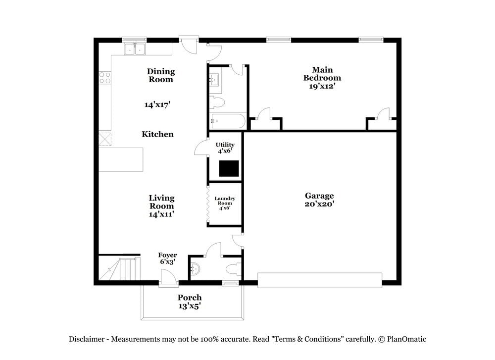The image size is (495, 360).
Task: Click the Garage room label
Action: (x=319, y=196)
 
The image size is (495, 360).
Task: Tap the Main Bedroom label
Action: (x=322, y=74)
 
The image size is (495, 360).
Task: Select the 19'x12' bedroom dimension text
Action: (x=322, y=86)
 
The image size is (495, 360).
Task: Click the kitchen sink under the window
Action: (x=134, y=49)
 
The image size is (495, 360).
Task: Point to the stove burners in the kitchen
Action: (x=105, y=78)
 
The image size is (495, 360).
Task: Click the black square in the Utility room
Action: (x=229, y=168)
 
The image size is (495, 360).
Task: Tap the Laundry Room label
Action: (x=225, y=201)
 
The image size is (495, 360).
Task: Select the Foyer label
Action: (x=167, y=256)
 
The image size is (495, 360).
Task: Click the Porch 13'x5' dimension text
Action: (x=190, y=306)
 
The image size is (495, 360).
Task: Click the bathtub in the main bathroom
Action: (x=227, y=121)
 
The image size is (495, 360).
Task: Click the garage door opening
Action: (x=320, y=280)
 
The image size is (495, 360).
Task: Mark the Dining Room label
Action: (x=161, y=75)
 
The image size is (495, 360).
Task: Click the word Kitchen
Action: (x=157, y=134)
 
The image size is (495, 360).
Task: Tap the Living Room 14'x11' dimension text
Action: (x=161, y=214)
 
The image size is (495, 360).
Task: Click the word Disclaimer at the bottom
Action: (x=86, y=339)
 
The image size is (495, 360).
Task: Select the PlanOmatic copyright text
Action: (x=401, y=339)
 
